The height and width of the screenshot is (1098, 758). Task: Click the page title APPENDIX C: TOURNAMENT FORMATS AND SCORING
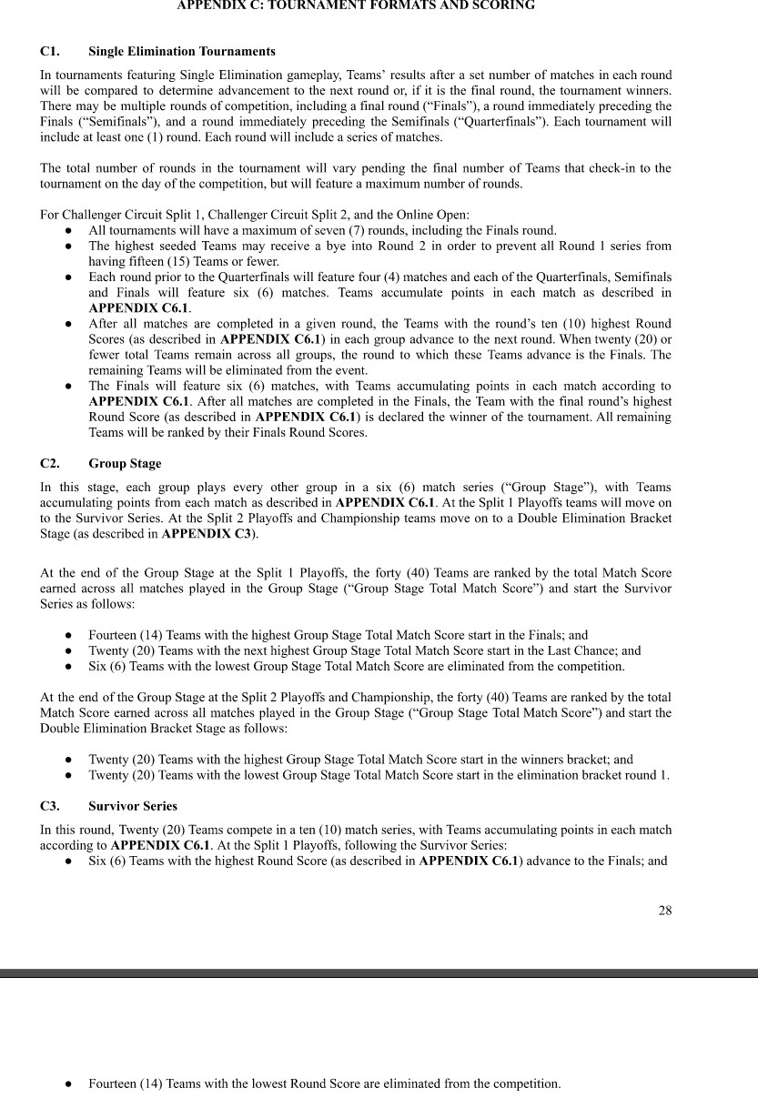tap(356, 5)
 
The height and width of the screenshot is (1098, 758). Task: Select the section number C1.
tap(50, 51)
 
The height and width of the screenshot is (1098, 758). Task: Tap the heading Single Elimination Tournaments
tap(182, 51)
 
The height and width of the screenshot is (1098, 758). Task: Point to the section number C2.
tap(50, 464)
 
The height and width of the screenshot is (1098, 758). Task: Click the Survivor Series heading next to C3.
tap(133, 806)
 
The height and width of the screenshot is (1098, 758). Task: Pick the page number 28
tap(665, 911)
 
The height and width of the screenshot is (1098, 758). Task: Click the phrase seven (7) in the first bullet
tap(356, 230)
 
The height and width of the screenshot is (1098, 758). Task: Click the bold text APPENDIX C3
tap(207, 534)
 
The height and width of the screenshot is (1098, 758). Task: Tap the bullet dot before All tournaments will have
tap(69, 231)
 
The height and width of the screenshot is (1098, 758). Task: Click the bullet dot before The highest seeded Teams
tap(69, 247)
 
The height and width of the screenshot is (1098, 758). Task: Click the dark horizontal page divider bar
tap(379, 973)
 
